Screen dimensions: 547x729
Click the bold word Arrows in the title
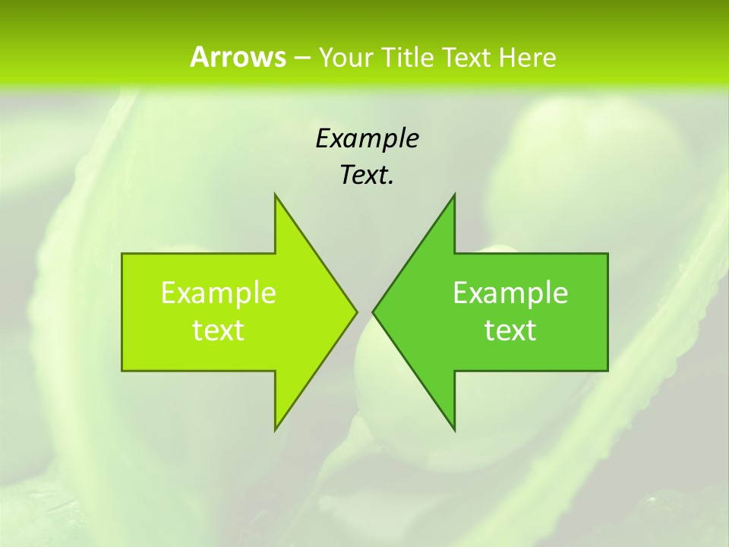(x=237, y=57)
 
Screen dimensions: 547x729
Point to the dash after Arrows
(x=301, y=58)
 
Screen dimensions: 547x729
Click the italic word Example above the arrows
(x=367, y=139)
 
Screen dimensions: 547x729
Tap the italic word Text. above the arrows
(x=367, y=175)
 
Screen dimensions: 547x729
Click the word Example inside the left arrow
(x=219, y=293)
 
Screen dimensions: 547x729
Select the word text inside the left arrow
(x=219, y=330)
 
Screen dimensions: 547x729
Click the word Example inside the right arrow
(x=510, y=293)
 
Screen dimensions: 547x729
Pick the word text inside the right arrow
(x=510, y=330)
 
